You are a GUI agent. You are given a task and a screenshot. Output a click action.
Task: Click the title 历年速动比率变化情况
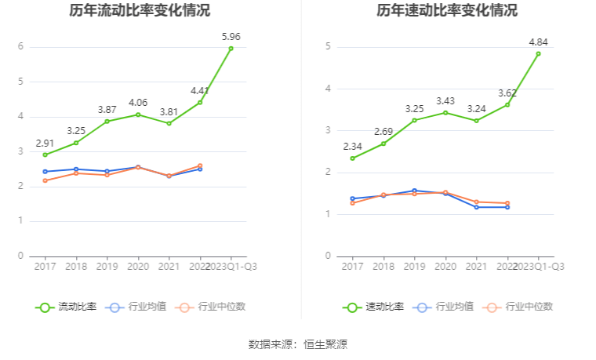[446, 11]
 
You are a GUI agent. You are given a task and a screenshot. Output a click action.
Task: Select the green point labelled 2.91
[45, 155]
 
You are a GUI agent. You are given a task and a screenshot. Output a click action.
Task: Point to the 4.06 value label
[138, 102]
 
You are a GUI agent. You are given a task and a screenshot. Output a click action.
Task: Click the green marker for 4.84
[538, 53]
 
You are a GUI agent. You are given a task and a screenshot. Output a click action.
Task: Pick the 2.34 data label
[352, 146]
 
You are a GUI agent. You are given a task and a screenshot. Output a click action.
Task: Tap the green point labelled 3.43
[445, 112]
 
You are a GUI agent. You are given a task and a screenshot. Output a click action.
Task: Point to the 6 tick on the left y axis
[20, 47]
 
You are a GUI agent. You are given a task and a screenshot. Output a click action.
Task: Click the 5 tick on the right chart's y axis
[328, 47]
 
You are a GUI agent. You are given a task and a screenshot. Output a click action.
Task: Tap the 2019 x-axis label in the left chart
[107, 267]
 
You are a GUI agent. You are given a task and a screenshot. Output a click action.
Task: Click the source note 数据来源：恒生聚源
[298, 344]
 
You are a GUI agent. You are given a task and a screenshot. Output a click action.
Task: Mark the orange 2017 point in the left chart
[45, 180]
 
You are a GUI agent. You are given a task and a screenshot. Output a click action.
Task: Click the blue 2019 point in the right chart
[414, 191]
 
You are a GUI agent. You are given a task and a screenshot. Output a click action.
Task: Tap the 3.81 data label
[169, 111]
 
